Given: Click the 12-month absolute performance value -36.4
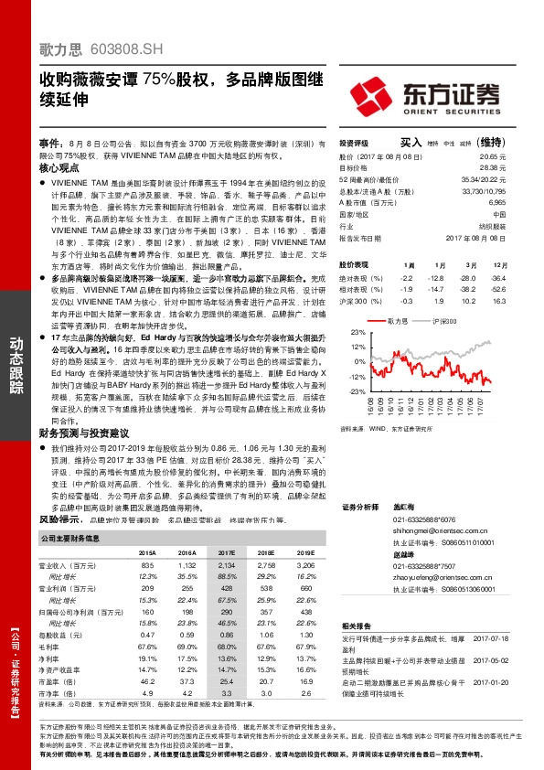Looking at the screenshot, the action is [496, 276].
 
